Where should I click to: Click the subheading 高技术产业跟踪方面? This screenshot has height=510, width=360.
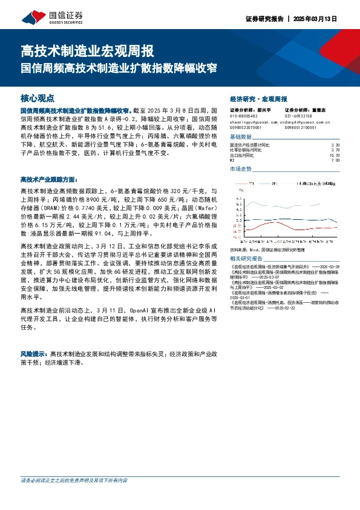[49, 179]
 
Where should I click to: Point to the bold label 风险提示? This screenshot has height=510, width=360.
[34, 353]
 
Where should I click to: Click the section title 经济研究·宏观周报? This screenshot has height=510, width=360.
[259, 98]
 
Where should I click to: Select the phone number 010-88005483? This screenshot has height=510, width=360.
[243, 116]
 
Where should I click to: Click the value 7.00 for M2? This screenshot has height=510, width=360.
[344, 160]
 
